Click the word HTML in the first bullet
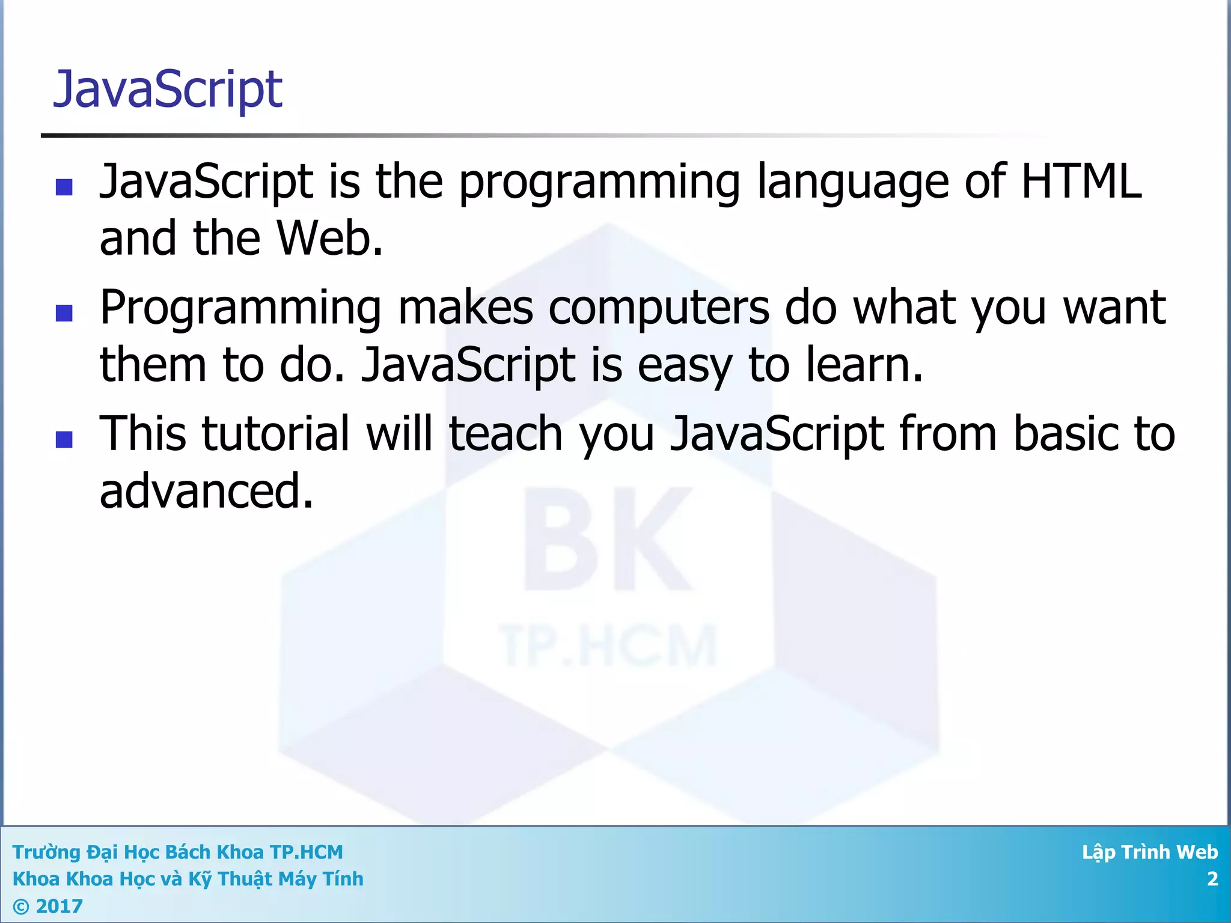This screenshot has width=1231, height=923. point(1081,181)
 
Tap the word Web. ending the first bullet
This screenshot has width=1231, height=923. point(329,239)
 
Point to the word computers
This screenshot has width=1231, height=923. point(659,308)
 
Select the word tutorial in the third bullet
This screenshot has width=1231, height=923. point(276,433)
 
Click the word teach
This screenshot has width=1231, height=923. point(506,433)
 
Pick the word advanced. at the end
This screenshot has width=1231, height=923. point(206,491)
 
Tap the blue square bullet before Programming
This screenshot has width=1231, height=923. point(64,313)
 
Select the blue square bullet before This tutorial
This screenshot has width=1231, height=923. point(64,439)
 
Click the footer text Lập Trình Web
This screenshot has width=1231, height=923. point(1149,852)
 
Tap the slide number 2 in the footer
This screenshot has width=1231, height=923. point(1212,879)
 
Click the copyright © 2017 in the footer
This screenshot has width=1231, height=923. point(47,906)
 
